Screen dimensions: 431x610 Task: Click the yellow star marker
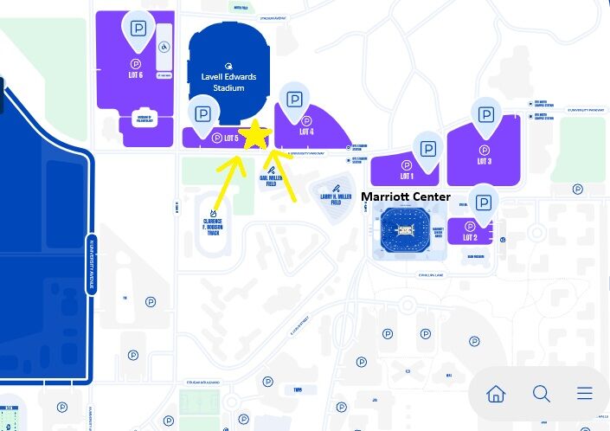(x=256, y=136)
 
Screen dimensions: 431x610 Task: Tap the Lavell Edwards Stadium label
(x=229, y=82)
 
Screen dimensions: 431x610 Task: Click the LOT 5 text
(x=231, y=138)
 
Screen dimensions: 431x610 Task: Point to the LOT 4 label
(x=306, y=132)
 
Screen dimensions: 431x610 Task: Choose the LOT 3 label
(x=484, y=161)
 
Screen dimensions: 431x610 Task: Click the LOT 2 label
(x=471, y=237)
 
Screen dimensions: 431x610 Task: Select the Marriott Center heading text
(x=405, y=197)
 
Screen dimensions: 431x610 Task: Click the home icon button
(x=496, y=394)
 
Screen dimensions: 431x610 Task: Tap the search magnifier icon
(x=542, y=394)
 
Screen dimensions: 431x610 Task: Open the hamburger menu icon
(x=585, y=394)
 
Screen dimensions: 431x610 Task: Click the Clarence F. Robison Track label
(x=213, y=228)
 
